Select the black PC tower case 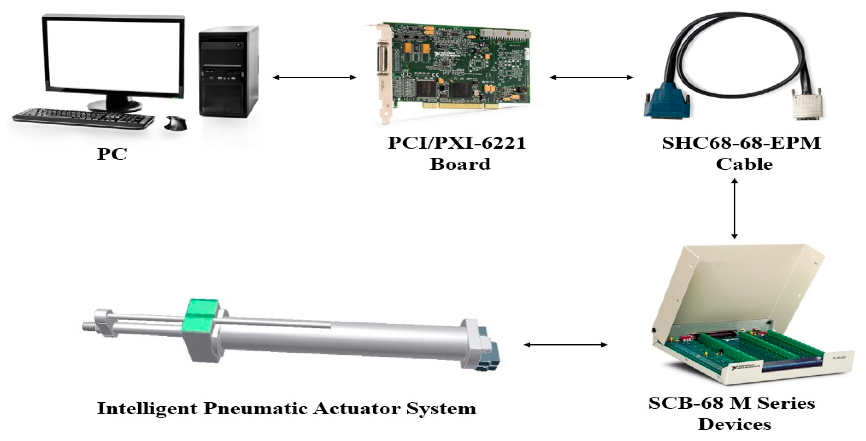(x=228, y=72)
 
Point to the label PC (x=112, y=154)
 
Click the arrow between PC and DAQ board (x=314, y=78)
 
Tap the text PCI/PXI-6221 (x=457, y=143)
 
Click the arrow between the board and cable (x=591, y=78)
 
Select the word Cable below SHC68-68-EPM (x=744, y=164)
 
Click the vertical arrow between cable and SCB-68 (x=734, y=209)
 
